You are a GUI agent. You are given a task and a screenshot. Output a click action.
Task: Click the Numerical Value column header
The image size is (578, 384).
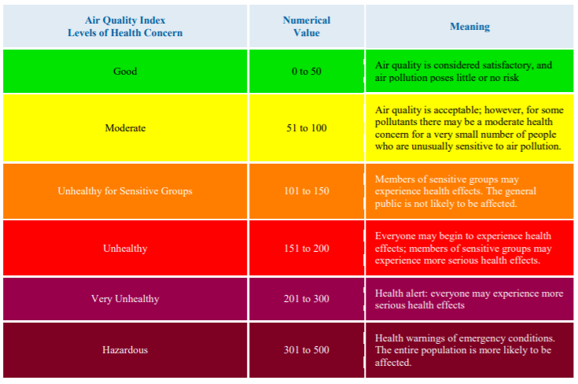click(307, 26)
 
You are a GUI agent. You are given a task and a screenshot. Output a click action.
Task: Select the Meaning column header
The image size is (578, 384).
click(469, 27)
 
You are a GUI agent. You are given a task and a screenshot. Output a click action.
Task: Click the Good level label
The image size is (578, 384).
click(125, 72)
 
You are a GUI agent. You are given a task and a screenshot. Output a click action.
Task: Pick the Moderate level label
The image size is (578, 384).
click(125, 127)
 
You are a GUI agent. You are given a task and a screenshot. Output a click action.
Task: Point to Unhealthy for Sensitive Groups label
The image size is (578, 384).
click(125, 191)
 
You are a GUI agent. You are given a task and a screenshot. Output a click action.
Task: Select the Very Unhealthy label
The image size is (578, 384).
click(125, 299)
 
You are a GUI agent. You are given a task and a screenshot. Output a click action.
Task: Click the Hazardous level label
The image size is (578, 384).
click(125, 349)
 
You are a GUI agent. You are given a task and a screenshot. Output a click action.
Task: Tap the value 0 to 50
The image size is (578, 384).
click(307, 72)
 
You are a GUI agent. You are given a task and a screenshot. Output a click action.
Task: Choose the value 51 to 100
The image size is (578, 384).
click(307, 127)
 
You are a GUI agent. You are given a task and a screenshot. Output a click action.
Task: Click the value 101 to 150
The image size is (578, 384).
click(307, 191)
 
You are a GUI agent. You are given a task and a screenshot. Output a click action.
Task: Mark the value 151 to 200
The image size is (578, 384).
click(307, 249)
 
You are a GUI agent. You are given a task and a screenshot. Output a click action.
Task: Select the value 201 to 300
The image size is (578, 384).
click(307, 299)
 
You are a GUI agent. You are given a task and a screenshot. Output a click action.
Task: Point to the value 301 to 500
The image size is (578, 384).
click(307, 349)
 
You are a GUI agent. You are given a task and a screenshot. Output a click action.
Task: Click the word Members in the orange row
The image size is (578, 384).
click(394, 179)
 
